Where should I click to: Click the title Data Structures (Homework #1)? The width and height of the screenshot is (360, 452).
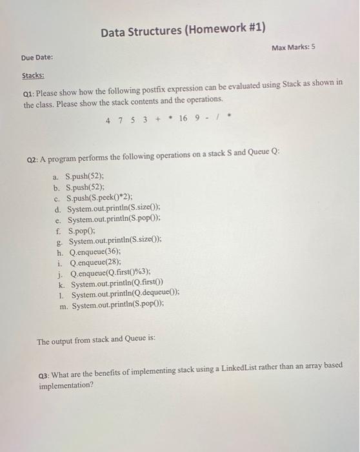click(183, 29)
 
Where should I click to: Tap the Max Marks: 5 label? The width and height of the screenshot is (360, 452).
click(294, 48)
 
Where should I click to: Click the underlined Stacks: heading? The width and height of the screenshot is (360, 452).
click(34, 76)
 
